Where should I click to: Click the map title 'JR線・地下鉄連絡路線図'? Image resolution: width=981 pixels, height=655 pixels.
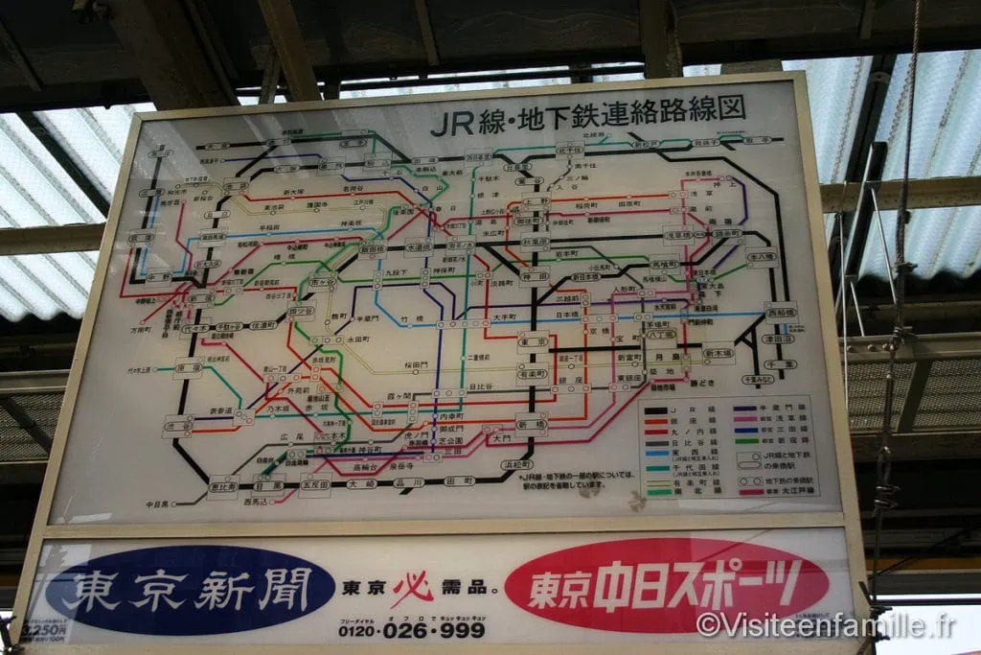tap(587, 114)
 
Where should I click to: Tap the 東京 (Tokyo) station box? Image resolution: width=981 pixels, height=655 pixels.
tap(533, 342)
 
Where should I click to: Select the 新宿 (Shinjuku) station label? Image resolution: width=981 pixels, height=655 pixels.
tap(200, 298)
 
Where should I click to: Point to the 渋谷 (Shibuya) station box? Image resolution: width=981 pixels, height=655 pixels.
tap(177, 426)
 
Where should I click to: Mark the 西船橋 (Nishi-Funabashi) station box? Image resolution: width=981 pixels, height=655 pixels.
tap(781, 311)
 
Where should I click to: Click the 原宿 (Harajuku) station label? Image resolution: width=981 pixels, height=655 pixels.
tap(187, 368)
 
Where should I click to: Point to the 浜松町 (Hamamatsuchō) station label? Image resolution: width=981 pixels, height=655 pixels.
tap(516, 465)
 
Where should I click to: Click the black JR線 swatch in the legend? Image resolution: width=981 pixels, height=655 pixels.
tap(658, 409)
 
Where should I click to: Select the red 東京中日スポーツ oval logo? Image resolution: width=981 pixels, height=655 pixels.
tap(666, 583)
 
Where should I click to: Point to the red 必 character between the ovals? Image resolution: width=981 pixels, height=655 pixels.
tap(414, 588)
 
